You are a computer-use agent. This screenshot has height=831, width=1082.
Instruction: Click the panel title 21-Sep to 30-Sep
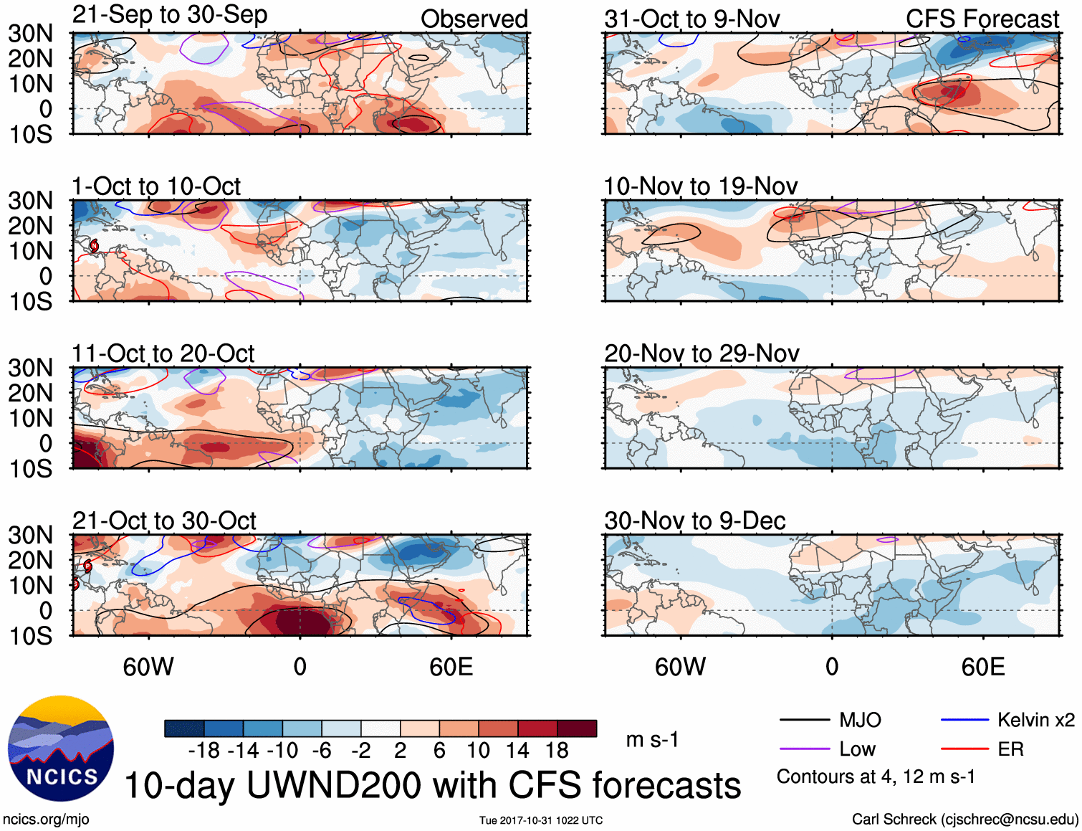tap(170, 14)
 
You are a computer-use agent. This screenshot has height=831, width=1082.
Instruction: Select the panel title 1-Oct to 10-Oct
tap(156, 186)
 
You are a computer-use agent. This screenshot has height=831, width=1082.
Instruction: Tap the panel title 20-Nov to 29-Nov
tap(702, 353)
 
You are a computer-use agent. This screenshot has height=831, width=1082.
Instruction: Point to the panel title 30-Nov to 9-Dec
tap(695, 521)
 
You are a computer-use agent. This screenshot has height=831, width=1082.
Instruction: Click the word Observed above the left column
tap(474, 19)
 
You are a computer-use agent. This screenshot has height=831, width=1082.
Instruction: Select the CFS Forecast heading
tap(982, 19)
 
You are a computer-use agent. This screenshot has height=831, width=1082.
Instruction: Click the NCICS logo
tap(61, 748)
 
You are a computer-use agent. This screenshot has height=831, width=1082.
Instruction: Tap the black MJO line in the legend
tap(804, 720)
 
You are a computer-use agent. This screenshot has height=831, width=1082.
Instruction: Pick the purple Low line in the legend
tap(804, 749)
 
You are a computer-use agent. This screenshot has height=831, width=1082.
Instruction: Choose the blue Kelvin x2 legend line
tap(964, 720)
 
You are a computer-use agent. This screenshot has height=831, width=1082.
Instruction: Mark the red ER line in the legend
tap(964, 749)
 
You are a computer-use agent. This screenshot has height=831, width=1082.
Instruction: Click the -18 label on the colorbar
tap(204, 751)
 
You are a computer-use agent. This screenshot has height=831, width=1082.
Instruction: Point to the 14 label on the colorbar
tap(517, 751)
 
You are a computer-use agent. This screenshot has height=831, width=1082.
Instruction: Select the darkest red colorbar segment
tap(577, 728)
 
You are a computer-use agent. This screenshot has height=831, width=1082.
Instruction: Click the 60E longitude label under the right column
tap(982, 667)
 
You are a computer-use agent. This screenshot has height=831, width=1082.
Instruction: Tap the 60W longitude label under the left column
tap(148, 667)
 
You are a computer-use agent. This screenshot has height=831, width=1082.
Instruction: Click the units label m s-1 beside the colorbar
tap(652, 739)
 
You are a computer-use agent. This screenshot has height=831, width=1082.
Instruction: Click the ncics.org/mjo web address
tap(46, 819)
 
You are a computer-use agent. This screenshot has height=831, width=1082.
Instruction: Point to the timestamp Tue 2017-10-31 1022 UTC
tap(541, 820)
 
